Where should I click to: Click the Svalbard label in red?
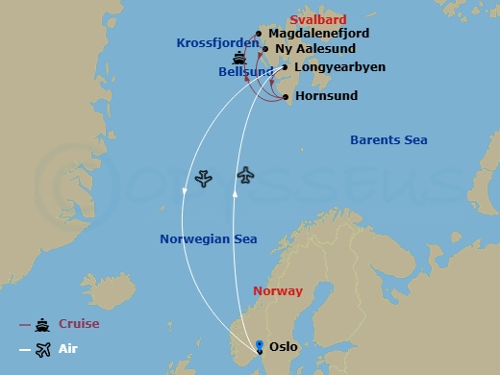[317, 19]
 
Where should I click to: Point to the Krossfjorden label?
[217, 43]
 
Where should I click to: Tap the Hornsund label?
[326, 96]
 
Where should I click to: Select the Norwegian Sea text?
[208, 239]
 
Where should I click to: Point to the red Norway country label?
[277, 290]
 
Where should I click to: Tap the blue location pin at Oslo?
[259, 346]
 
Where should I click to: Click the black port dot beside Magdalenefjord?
[259, 34]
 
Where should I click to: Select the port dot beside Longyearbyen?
[285, 67]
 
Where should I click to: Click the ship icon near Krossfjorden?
[225, 58]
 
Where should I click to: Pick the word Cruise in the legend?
[79, 324]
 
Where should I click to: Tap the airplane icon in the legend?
[41, 350]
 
